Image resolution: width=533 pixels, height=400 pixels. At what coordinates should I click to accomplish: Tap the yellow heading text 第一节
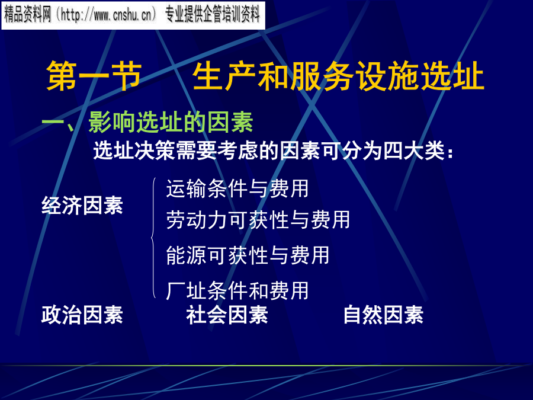click(x=94, y=76)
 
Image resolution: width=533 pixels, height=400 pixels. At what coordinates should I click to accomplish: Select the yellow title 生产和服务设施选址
click(x=338, y=76)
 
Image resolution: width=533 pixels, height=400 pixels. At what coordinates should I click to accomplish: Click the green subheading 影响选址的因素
click(x=171, y=121)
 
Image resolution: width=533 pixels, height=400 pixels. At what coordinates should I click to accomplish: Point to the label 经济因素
click(x=82, y=206)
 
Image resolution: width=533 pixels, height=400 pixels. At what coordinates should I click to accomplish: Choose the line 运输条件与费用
click(x=237, y=188)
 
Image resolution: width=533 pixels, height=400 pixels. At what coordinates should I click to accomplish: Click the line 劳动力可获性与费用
click(x=258, y=219)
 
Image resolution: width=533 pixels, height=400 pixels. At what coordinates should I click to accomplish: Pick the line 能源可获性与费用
click(x=248, y=255)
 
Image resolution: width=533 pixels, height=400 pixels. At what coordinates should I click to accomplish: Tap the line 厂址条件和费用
click(x=237, y=290)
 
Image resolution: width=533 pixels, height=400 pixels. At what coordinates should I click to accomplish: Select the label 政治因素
click(x=82, y=315)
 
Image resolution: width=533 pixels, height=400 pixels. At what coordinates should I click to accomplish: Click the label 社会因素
click(x=227, y=315)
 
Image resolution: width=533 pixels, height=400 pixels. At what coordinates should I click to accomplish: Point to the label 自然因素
click(x=383, y=315)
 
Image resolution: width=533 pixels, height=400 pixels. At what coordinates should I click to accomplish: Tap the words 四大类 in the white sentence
click(x=414, y=151)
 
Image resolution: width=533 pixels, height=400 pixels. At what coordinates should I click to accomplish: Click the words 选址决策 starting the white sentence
click(x=134, y=151)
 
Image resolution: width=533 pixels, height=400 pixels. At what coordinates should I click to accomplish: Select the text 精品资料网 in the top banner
click(x=27, y=15)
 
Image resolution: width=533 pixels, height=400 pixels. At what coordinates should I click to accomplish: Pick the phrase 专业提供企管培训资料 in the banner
click(x=213, y=15)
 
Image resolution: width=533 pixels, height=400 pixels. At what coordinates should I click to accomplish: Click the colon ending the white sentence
click(x=450, y=153)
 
